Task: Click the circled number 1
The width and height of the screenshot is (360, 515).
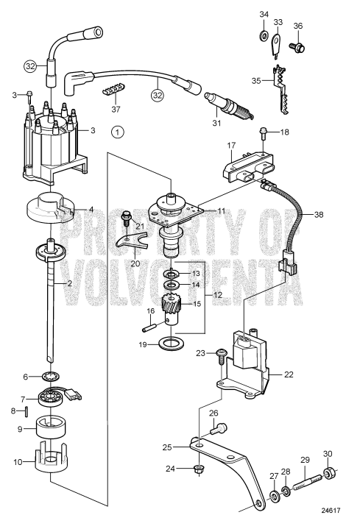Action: point(115,132)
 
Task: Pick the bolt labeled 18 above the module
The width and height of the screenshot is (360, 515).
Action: point(263,134)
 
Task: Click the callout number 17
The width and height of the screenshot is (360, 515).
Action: point(230,146)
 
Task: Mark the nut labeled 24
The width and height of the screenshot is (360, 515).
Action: point(197,467)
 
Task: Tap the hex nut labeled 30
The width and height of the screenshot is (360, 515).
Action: point(331,471)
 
